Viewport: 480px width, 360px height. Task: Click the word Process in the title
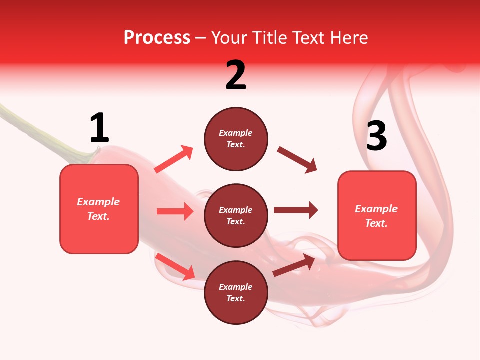click(157, 38)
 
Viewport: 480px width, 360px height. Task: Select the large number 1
click(99, 128)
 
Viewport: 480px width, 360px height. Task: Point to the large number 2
click(236, 75)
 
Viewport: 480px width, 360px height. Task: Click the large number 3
click(376, 136)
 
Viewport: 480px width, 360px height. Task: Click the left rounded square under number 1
click(99, 209)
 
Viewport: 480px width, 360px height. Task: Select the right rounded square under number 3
click(377, 216)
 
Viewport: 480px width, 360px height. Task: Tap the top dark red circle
click(236, 139)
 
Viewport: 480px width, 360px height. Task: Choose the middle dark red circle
click(236, 215)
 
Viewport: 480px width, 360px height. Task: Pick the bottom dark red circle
click(236, 292)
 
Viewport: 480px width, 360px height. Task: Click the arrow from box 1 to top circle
click(174, 159)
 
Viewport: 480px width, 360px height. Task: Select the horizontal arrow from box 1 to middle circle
click(175, 211)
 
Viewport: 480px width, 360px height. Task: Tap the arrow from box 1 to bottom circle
click(175, 266)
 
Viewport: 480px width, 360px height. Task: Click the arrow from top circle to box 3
click(297, 160)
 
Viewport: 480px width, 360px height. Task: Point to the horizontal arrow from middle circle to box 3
click(296, 210)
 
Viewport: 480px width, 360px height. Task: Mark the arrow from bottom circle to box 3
click(294, 265)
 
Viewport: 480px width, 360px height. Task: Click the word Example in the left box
click(98, 202)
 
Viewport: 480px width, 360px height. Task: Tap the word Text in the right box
click(375, 223)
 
